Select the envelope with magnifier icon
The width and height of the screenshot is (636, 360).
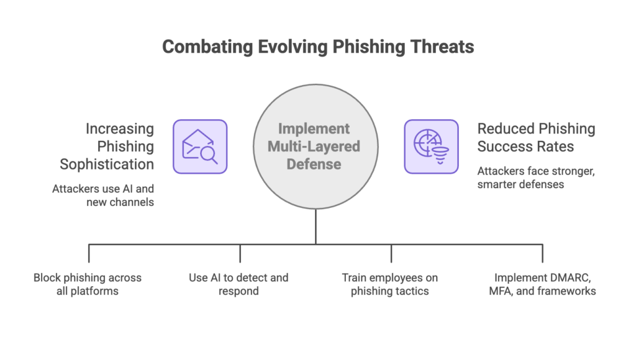[x=199, y=146]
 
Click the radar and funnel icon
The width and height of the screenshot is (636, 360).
[x=431, y=146]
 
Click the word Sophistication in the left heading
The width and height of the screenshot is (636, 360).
[x=107, y=164]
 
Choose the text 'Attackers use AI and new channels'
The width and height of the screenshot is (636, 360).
[x=103, y=194]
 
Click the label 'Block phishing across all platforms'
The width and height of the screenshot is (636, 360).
[x=88, y=284]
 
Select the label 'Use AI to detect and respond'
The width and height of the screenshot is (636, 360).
[x=238, y=284]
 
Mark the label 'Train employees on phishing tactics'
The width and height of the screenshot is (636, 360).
[x=390, y=284]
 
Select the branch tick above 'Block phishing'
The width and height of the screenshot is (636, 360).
[x=89, y=253]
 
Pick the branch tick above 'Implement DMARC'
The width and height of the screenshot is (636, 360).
[x=543, y=253]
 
